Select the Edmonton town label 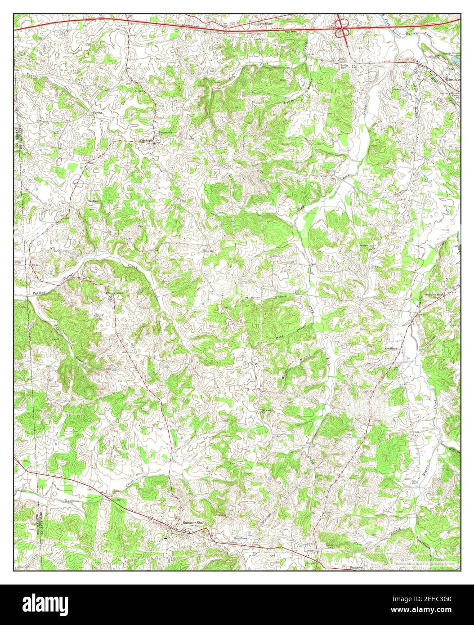tap(452, 79)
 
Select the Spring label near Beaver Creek tap(97, 112)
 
